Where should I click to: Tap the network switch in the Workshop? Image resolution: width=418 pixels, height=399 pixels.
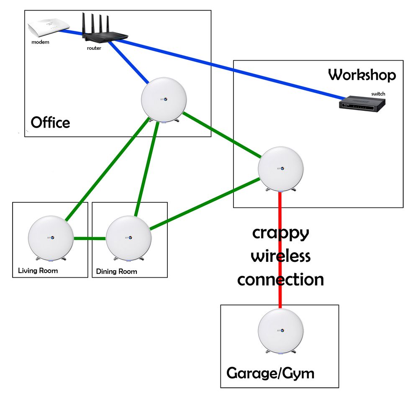(362, 103)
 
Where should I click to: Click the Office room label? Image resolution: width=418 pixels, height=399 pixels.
(51, 123)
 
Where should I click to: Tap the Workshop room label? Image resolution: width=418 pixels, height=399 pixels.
(362, 75)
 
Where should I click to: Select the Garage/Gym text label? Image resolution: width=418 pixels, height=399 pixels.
(270, 373)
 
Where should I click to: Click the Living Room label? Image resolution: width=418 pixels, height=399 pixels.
(38, 271)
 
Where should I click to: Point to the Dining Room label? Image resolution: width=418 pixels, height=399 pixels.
(116, 271)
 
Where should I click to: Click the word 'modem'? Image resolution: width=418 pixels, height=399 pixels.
(41, 42)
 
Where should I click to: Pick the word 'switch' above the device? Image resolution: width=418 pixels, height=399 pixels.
(378, 94)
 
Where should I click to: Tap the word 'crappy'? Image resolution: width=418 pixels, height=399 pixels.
(281, 234)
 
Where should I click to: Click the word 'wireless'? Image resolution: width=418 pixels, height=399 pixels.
(281, 256)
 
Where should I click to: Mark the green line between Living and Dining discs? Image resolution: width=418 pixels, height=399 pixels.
(89, 238)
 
